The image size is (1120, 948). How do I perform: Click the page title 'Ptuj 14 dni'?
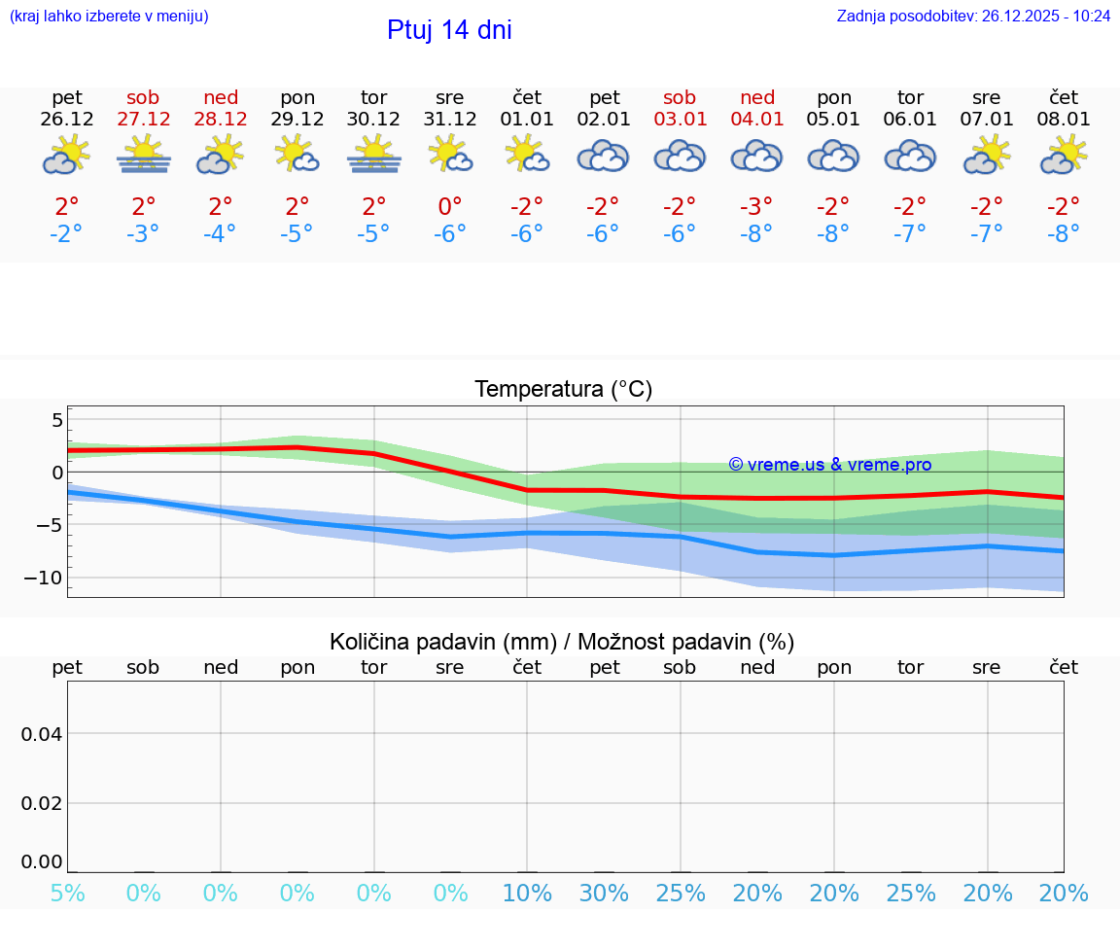click(449, 30)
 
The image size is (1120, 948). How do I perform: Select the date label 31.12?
click(450, 119)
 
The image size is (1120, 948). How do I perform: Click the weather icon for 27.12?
click(144, 155)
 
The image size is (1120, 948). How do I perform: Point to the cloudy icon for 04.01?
click(756, 156)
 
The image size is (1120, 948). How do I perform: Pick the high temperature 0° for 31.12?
click(450, 206)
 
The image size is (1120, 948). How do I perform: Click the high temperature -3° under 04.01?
click(756, 206)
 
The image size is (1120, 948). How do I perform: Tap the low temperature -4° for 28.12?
click(221, 234)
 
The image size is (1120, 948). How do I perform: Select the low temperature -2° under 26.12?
click(67, 234)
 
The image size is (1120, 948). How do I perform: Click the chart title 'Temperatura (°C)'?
click(563, 389)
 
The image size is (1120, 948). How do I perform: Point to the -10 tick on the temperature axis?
click(44, 578)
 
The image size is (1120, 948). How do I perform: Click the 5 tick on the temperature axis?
click(56, 420)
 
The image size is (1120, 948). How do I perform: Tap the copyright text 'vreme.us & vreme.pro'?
click(829, 465)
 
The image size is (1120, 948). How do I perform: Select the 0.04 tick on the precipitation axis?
click(42, 734)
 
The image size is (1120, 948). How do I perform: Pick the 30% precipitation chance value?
click(604, 894)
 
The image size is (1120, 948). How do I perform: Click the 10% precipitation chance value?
click(527, 894)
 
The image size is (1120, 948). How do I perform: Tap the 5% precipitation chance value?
click(67, 894)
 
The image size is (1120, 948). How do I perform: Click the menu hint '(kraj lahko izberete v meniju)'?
click(109, 16)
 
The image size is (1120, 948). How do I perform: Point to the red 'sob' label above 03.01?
click(680, 97)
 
